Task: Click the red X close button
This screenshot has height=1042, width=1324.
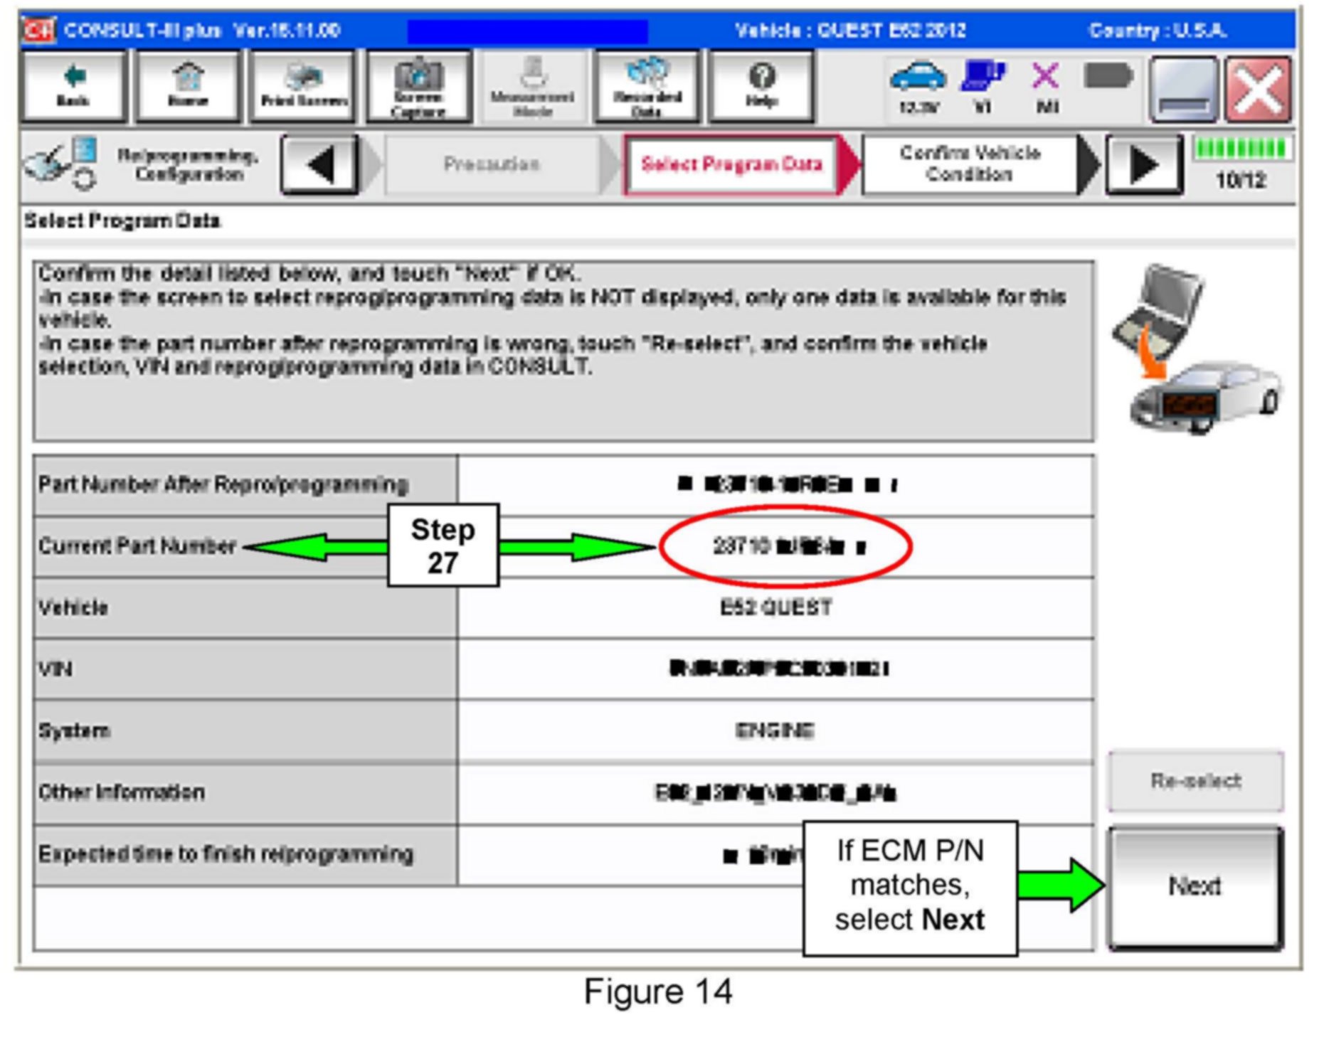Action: pyautogui.click(x=1257, y=89)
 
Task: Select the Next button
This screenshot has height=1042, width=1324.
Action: pyautogui.click(x=1195, y=886)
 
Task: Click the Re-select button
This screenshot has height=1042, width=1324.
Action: pyautogui.click(x=1195, y=781)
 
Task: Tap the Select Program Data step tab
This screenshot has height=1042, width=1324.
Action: pyautogui.click(x=731, y=165)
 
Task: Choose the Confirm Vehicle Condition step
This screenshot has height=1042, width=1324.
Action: pyautogui.click(x=969, y=164)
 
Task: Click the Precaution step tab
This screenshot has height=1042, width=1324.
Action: pyautogui.click(x=491, y=165)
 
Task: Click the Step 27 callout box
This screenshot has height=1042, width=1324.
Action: pyautogui.click(x=443, y=546)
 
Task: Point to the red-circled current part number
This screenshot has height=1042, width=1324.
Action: pyautogui.click(x=786, y=546)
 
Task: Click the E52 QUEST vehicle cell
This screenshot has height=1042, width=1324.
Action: pyautogui.click(x=775, y=608)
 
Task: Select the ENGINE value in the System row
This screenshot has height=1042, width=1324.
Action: pyautogui.click(x=775, y=731)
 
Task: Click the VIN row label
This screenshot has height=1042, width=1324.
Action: pyautogui.click(x=55, y=669)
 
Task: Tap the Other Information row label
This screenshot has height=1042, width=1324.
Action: pyautogui.click(x=122, y=792)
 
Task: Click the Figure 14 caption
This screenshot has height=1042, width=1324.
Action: pyautogui.click(x=658, y=992)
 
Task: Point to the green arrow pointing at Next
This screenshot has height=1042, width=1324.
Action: pyautogui.click(x=1061, y=885)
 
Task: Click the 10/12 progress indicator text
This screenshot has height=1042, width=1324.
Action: pyautogui.click(x=1241, y=181)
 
